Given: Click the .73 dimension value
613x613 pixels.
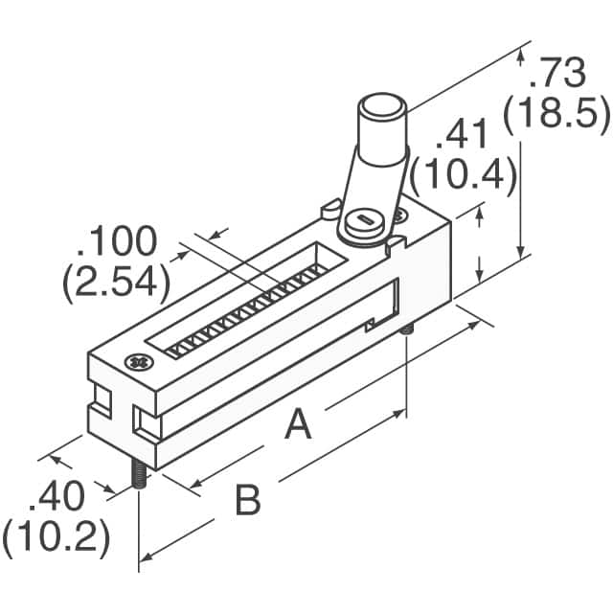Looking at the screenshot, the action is tap(557, 73).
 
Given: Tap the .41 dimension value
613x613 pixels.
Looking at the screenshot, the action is tap(462, 134).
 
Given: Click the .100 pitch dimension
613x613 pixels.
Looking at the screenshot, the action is tap(117, 240).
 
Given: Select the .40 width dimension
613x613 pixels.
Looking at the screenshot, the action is tap(57, 496).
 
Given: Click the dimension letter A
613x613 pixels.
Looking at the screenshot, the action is tap(298, 423).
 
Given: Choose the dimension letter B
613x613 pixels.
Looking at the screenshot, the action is tap(248, 500).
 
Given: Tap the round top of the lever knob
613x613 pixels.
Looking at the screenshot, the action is tap(383, 104).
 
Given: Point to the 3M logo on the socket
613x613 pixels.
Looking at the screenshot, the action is tap(140, 363).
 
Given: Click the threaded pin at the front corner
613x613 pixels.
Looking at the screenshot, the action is tap(139, 473).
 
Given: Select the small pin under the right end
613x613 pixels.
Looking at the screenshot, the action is tap(406, 330).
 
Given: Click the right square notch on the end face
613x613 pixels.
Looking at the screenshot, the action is tap(147, 422).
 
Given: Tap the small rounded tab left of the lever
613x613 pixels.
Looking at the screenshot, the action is tap(331, 209).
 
